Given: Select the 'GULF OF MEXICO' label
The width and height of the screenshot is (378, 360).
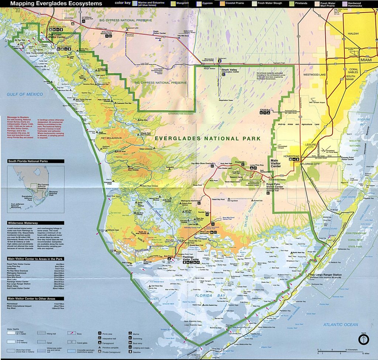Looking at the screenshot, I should tap(25, 94).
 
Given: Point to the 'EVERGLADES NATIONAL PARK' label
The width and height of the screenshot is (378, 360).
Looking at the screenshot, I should tap(208, 138).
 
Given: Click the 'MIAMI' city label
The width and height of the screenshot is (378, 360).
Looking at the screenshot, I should tap(367, 60).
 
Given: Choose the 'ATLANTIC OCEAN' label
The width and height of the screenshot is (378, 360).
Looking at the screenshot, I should tap(340, 325).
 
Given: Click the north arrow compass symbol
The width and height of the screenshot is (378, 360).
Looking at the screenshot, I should tap(364, 339).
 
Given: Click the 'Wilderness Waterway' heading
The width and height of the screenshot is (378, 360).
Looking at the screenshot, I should tap(23, 223).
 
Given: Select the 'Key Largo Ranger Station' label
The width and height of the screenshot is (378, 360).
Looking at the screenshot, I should tap(326, 275).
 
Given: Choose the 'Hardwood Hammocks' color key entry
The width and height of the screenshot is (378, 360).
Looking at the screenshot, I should tap(355, 4).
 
